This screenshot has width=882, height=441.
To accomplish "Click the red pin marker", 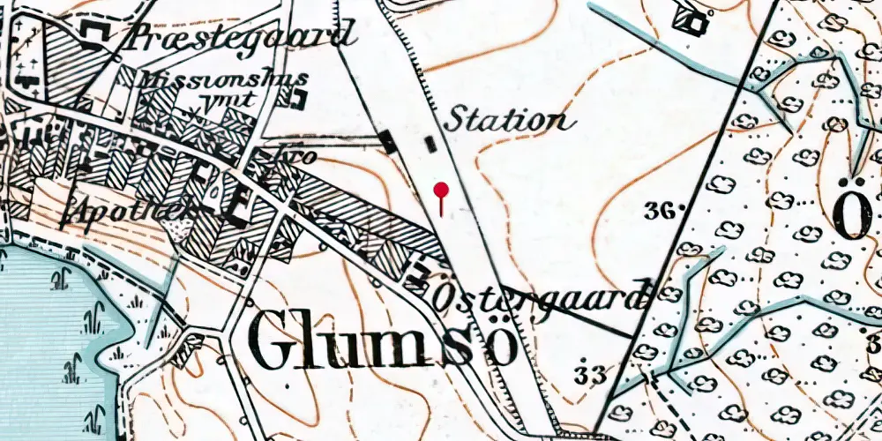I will point(441,190).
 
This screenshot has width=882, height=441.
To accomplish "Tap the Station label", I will point(505,119).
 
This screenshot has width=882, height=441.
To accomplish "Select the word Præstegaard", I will point(240,36).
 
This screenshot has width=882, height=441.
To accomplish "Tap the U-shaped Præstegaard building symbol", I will point(93,34).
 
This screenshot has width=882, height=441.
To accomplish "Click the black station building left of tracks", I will point(387,141).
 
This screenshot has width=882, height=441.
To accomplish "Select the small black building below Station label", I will point(430,143).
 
